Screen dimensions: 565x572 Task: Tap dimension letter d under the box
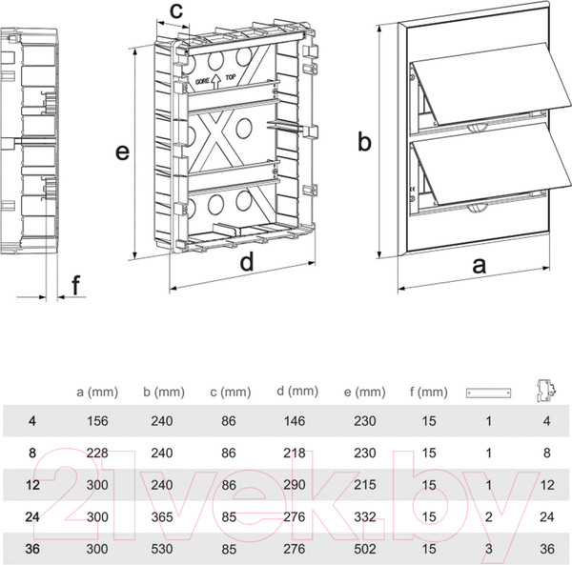246,263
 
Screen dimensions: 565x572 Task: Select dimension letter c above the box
174,10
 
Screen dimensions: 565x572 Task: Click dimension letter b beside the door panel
364,142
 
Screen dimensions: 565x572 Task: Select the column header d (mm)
296,391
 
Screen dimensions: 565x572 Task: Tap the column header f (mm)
426,392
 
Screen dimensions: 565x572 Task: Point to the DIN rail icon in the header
488,393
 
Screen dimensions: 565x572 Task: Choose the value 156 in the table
96,421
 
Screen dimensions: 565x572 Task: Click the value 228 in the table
96,453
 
